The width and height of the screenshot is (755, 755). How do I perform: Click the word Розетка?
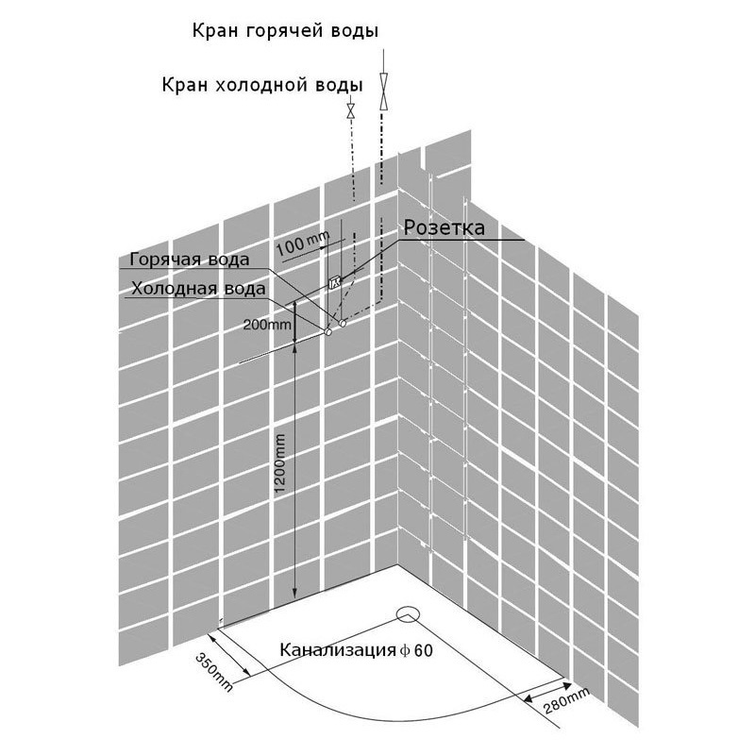point(444,227)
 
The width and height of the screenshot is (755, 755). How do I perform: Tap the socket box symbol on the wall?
point(335,282)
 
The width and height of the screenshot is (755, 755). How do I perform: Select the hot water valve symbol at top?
point(383,92)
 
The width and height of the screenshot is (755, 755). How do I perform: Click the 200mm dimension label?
point(267,325)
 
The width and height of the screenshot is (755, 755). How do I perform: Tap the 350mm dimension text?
point(214,672)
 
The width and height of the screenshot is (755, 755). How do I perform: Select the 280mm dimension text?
point(566,700)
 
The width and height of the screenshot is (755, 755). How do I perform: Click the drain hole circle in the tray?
point(409,614)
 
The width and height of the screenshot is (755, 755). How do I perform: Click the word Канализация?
point(338,650)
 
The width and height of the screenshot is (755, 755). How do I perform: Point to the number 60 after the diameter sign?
point(423,651)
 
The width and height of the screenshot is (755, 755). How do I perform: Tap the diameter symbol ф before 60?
point(405,651)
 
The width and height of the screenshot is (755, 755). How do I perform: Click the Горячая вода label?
point(190,260)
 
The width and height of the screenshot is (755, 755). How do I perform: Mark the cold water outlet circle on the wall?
point(327,332)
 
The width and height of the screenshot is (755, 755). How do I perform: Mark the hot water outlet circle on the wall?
point(343,323)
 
